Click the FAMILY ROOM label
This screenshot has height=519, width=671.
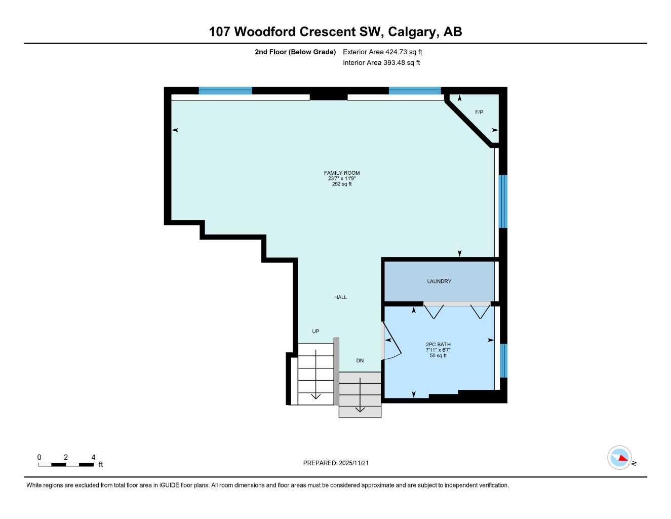pyautogui.click(x=342, y=173)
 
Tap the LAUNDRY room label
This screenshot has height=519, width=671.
pyautogui.click(x=439, y=281)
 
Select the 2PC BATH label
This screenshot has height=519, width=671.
pyautogui.click(x=438, y=345)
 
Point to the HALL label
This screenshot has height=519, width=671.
pyautogui.click(x=340, y=298)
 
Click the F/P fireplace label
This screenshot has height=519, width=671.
pyautogui.click(x=479, y=112)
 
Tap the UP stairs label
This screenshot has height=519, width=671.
pyautogui.click(x=315, y=331)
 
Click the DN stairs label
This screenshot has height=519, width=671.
pyautogui.click(x=360, y=361)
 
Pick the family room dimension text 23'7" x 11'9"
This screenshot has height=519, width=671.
pyautogui.click(x=342, y=178)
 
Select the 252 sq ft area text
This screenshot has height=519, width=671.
pyautogui.click(x=342, y=184)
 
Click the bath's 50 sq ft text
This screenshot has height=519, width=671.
pyautogui.click(x=438, y=356)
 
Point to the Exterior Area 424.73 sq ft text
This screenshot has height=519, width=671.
pyautogui.click(x=382, y=52)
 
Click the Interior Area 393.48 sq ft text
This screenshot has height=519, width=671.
pyautogui.click(x=381, y=63)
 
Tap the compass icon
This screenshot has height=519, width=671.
pyautogui.click(x=619, y=458)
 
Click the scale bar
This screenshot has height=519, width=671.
pyautogui.click(x=66, y=464)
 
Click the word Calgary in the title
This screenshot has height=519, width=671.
pyautogui.click(x=413, y=31)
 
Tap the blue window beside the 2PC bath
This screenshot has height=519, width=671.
pyautogui.click(x=503, y=361)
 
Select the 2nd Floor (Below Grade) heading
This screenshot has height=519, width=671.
pyautogui.click(x=295, y=52)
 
